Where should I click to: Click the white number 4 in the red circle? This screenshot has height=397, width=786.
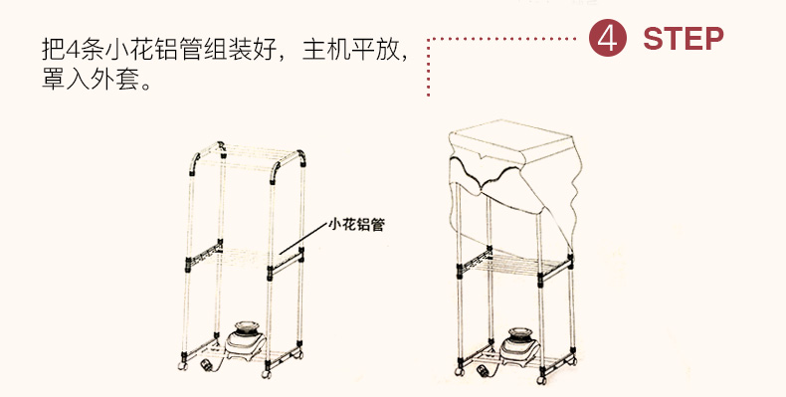608,39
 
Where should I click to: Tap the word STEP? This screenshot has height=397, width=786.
684,39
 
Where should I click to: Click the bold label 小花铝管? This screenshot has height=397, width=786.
356,224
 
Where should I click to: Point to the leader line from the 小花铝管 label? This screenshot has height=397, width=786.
302,238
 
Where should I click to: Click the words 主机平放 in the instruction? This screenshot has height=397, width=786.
350,50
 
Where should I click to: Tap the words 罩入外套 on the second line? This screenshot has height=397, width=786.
91,80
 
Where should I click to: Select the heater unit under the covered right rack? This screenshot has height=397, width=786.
519,346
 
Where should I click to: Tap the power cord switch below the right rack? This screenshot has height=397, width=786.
483,371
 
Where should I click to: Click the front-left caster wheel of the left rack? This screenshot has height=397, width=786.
182,366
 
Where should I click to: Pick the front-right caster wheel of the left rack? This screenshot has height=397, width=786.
266,374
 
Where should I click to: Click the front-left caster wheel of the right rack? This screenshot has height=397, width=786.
460,372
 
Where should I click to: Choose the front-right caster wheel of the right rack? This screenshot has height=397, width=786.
541,380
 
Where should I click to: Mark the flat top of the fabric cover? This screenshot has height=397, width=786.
511,141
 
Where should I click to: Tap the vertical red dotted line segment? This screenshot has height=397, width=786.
428,68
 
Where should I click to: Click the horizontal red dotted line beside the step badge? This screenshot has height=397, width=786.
501,38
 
